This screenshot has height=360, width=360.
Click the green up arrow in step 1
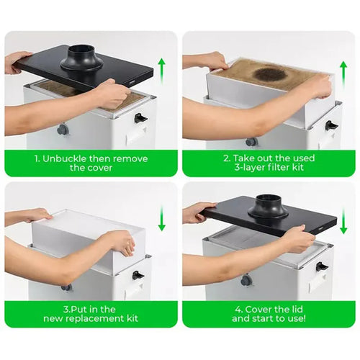[x=162, y=71]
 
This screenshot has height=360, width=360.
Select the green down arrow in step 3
[x=162, y=218]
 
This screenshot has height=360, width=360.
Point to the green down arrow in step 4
[x=343, y=221]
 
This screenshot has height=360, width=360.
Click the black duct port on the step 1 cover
[x=82, y=58]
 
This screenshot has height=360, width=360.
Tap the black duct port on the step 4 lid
[x=268, y=207]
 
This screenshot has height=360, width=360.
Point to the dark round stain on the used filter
[x=271, y=74]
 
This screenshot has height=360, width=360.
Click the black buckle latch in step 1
[x=140, y=117]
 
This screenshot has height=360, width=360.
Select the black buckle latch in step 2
[x=331, y=125]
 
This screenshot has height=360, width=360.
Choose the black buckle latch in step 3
[x=138, y=275]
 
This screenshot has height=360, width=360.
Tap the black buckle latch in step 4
[x=322, y=266]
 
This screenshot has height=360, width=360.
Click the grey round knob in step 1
[x=63, y=130]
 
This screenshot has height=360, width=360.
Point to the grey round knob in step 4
[x=247, y=281]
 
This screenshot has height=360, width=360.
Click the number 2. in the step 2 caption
[x=227, y=158]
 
